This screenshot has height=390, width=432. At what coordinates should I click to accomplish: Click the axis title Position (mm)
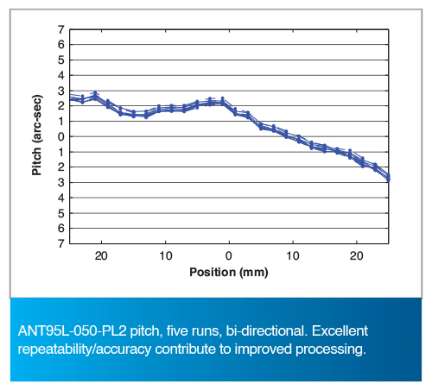[x=229, y=272]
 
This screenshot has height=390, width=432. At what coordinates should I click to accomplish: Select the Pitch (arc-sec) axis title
[x=37, y=135]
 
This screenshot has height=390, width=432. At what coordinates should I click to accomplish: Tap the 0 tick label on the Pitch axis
[x=61, y=137]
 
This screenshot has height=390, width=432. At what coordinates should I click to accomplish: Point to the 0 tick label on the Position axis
[x=229, y=255]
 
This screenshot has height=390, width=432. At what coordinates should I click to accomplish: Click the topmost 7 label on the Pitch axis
[x=61, y=29]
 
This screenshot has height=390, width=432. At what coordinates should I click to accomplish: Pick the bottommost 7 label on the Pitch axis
[x=61, y=243]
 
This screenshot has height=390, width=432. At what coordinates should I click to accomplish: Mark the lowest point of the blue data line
[x=389, y=180]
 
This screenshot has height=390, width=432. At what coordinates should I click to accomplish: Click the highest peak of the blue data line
[x=95, y=93]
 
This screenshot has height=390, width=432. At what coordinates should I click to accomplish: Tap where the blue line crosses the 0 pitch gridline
[x=288, y=136]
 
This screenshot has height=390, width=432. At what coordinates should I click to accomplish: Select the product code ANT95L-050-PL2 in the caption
[x=72, y=330]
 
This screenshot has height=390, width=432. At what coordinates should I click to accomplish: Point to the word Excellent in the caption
[x=340, y=330]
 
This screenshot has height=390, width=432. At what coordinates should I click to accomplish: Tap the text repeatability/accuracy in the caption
[x=85, y=349]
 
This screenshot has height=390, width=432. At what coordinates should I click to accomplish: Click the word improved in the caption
[x=264, y=349]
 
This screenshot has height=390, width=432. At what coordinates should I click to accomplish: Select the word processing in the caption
[x=331, y=349]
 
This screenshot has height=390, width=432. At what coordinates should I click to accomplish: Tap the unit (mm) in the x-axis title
[x=254, y=273]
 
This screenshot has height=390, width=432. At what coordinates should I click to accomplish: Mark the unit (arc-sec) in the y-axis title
[x=37, y=119]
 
